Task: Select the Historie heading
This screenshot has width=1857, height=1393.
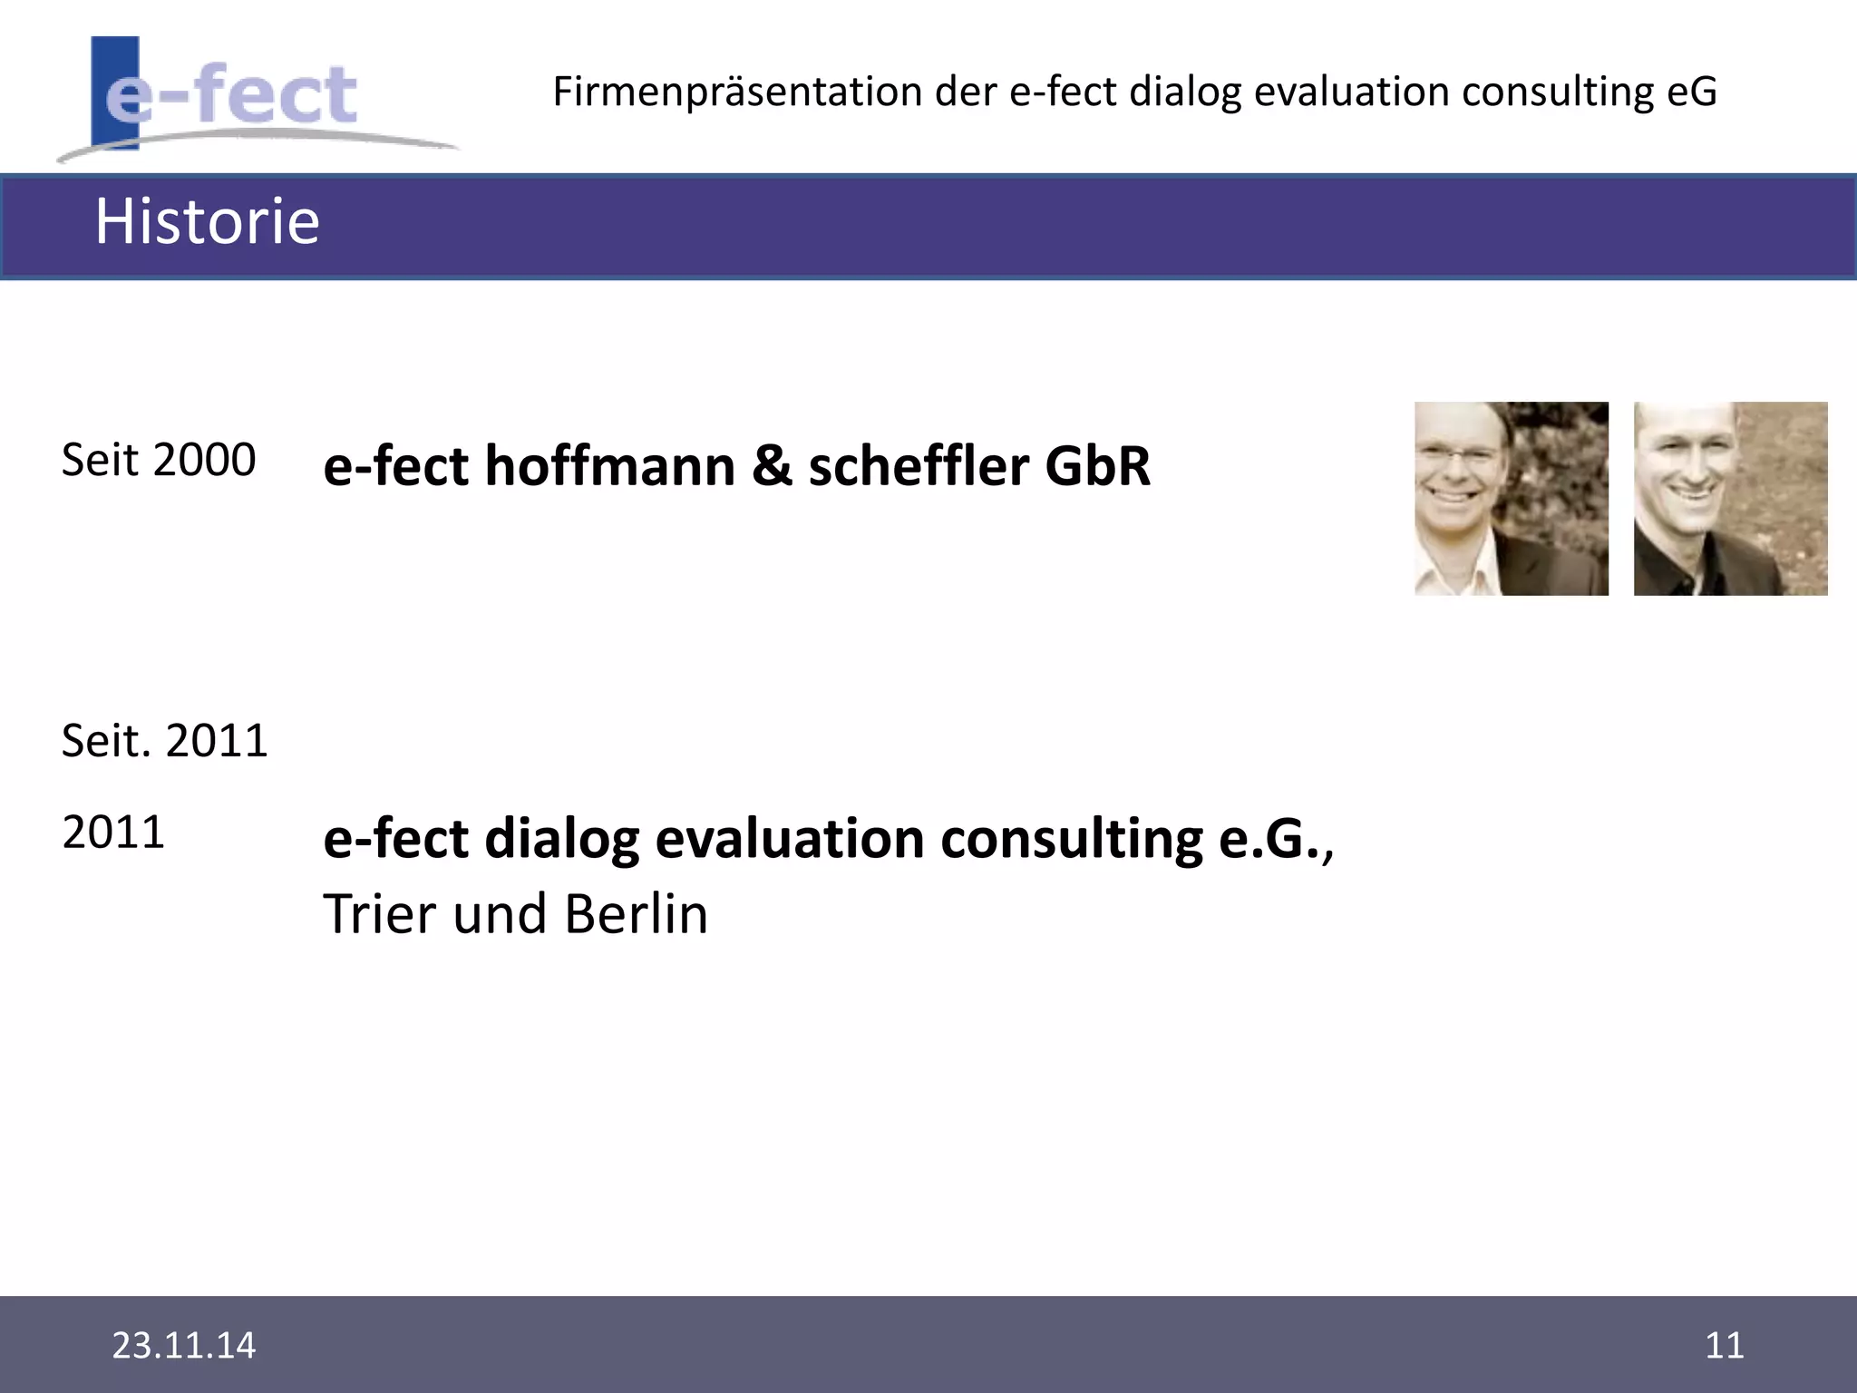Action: [x=208, y=221]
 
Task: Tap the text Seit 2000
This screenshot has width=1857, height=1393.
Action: [x=159, y=460]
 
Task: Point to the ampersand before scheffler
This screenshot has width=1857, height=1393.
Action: [x=772, y=466]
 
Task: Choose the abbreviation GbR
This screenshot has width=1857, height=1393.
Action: [x=1098, y=466]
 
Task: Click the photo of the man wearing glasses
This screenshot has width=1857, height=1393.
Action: [x=1512, y=499]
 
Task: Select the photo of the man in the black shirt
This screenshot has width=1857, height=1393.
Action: [x=1730, y=499]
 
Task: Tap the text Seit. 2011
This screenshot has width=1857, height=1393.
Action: [x=165, y=741]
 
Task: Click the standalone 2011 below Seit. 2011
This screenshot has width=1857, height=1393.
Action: [x=113, y=833]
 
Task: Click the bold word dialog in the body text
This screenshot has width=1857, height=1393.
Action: [x=562, y=839]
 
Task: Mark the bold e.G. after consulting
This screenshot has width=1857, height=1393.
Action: [x=1269, y=839]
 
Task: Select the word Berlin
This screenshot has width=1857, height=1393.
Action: [x=636, y=914]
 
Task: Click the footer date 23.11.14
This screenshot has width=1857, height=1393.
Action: [x=184, y=1345]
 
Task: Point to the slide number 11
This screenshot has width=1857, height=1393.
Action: [x=1724, y=1345]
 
